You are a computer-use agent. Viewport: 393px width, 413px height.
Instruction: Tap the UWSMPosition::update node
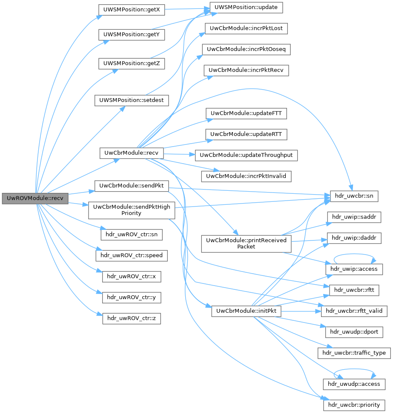[x=246, y=7]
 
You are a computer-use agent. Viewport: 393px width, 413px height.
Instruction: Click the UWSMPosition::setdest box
[x=131, y=101]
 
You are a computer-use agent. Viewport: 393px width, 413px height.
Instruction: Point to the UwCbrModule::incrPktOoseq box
[x=246, y=49]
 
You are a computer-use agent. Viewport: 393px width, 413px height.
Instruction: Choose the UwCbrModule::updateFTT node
[x=247, y=113]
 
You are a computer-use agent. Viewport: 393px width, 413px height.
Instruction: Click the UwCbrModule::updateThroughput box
[x=246, y=155]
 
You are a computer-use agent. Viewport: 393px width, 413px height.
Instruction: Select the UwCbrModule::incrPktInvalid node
[x=247, y=175]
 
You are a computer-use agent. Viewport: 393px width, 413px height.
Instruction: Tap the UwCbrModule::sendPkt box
[x=131, y=186]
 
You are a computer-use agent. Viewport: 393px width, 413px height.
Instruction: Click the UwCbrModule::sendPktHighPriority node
[x=131, y=210]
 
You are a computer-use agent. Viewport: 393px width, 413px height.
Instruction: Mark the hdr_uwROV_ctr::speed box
[x=131, y=256]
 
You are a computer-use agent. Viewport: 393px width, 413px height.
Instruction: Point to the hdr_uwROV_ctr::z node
[x=131, y=318]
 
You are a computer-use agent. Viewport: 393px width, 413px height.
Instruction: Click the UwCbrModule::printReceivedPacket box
[x=246, y=243]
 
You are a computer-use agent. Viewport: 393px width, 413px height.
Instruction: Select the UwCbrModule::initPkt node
[x=246, y=311]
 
